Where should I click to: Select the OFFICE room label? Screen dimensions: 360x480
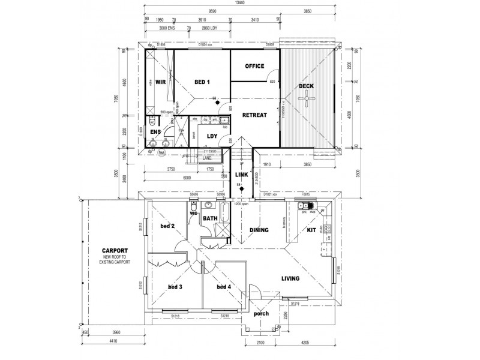254,66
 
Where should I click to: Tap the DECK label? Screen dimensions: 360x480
307,86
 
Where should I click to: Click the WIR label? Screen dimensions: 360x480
160,82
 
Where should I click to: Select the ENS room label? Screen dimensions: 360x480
155,131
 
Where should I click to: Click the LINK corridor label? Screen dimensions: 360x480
242,174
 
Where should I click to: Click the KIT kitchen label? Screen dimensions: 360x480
311,230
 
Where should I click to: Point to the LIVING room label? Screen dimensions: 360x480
290,278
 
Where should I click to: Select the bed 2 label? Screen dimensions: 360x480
167,226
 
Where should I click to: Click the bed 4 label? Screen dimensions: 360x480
224,287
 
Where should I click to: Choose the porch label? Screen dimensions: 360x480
262,314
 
